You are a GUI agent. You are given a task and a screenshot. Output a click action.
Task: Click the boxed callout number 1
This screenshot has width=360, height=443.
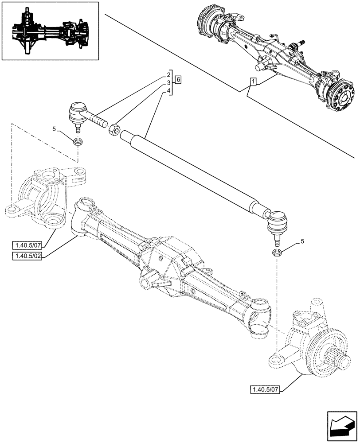click(x=253, y=82)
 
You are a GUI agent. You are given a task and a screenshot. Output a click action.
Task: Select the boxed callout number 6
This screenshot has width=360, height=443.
click(x=178, y=80)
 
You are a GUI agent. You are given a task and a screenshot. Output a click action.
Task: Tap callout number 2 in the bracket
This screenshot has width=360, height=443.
click(x=169, y=74)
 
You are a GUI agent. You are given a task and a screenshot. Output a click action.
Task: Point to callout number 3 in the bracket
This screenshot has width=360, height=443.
click(x=169, y=83)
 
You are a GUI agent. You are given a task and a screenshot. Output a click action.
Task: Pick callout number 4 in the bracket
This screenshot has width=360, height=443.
click(x=169, y=91)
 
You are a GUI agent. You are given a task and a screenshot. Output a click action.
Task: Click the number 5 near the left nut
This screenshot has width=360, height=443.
click(x=54, y=129)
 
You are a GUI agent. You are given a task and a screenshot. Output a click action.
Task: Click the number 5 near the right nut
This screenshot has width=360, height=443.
click(x=303, y=241)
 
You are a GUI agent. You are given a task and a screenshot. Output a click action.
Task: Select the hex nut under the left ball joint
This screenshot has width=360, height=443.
click(x=78, y=142)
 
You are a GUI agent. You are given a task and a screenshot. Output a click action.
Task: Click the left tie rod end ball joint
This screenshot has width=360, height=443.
click(x=78, y=112)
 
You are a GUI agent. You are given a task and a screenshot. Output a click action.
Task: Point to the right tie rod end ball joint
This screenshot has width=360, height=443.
click(x=276, y=221)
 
